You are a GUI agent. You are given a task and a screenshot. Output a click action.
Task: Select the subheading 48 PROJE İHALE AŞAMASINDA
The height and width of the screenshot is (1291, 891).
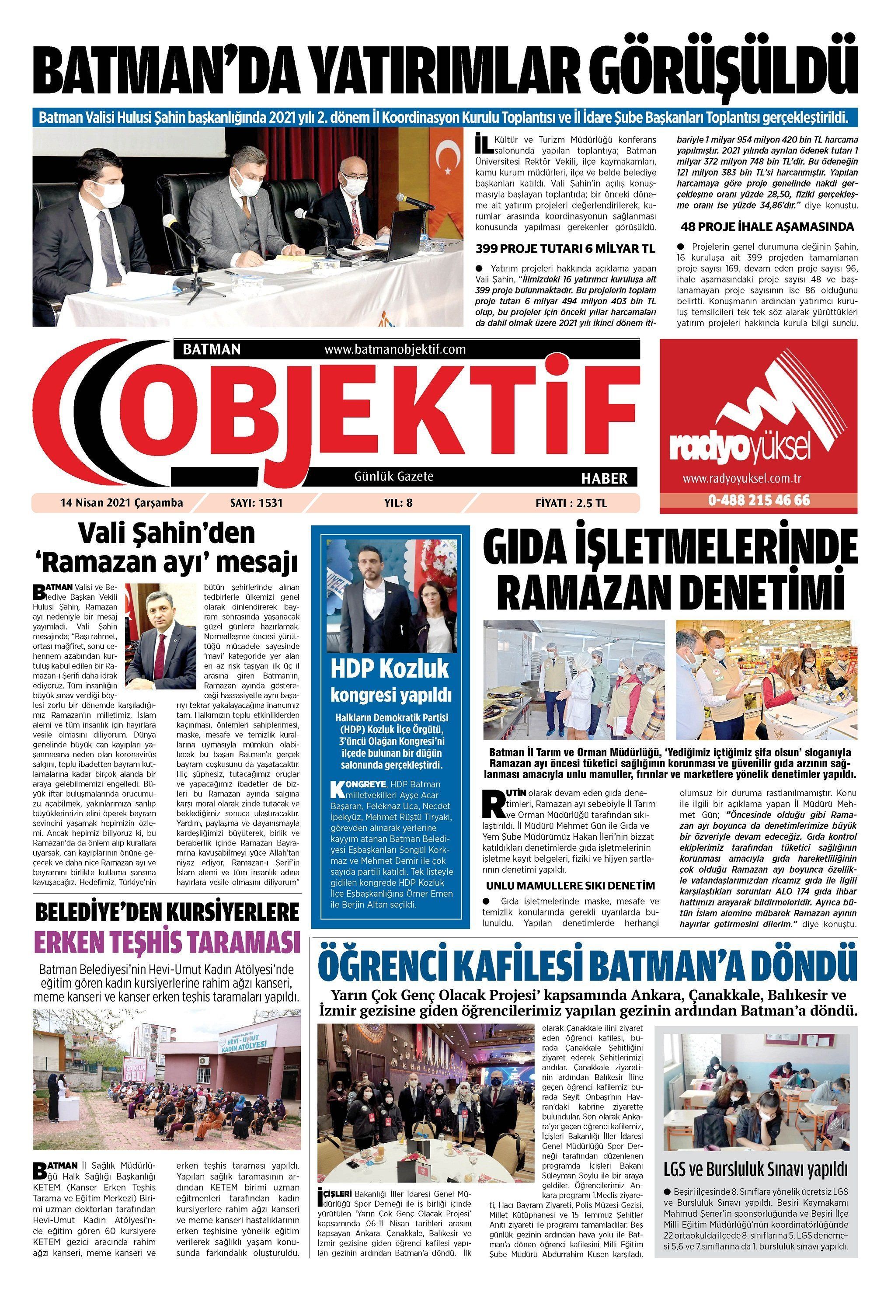point(767,226)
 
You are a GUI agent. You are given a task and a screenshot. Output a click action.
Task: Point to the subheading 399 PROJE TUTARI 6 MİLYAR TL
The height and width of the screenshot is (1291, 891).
point(565,248)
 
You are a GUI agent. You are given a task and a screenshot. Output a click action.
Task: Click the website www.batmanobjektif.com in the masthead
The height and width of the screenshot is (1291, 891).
point(395,350)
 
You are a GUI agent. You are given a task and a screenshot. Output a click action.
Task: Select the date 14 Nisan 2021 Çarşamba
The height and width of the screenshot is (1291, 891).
point(121,503)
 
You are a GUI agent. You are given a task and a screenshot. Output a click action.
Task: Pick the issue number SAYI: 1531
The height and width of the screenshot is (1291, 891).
point(256,503)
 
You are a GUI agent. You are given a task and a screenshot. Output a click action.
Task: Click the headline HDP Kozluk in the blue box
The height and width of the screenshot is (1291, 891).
point(390,668)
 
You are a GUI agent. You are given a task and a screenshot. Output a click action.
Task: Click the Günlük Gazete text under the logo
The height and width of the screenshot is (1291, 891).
point(393,477)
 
